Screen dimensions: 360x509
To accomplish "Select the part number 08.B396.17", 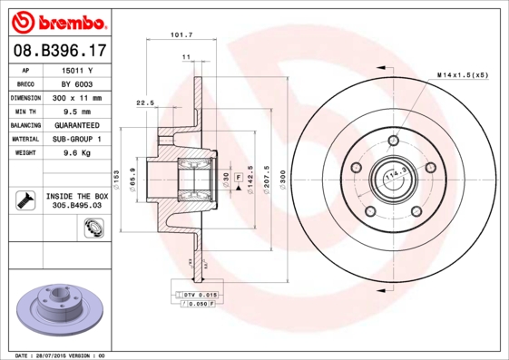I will click(x=58, y=53).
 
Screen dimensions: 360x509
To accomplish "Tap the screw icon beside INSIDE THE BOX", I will click(x=24, y=200).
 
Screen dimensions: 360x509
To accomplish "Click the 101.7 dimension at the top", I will click(x=181, y=35).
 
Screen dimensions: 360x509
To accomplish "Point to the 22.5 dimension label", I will click(x=144, y=102).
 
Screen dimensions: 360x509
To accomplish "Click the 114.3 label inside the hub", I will click(x=393, y=173).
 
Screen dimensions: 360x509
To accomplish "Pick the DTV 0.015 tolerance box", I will click(x=193, y=296).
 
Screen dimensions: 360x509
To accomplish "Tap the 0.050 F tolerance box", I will click(x=194, y=306).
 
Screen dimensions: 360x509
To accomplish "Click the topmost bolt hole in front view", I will click(x=393, y=141).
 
